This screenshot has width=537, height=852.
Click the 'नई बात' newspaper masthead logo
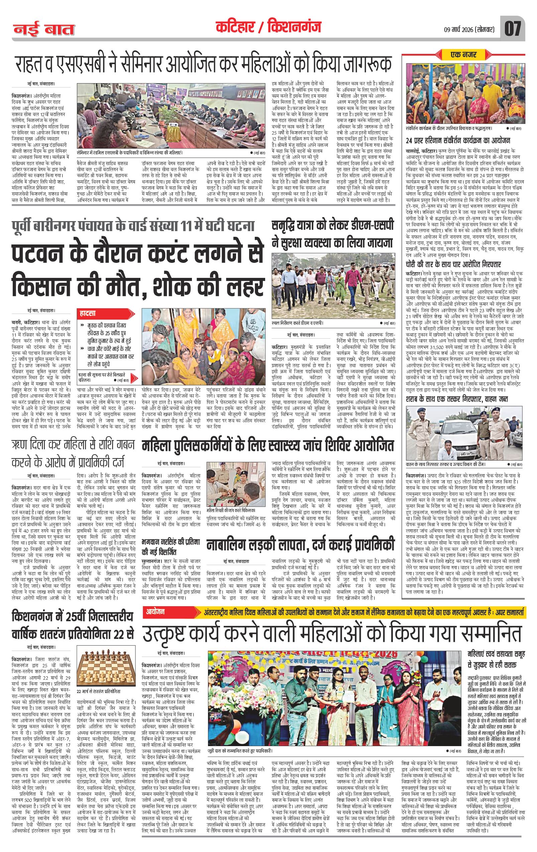coord(44,29)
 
